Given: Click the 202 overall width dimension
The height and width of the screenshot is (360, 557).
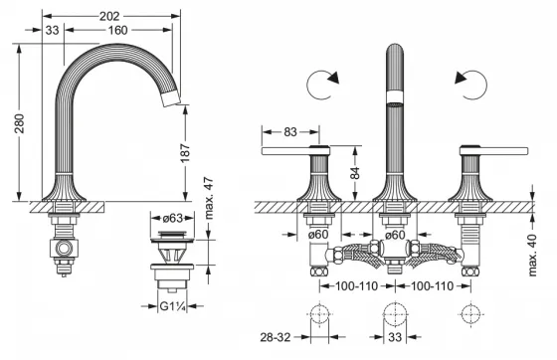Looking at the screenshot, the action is (x=109, y=16).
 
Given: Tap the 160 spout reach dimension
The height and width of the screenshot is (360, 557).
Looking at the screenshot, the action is (x=117, y=30).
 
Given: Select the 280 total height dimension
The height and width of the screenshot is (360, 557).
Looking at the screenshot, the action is (x=20, y=123).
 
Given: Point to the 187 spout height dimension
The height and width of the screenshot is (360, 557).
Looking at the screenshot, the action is (x=185, y=153).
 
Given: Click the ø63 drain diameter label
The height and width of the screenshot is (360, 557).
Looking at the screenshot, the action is (x=173, y=219).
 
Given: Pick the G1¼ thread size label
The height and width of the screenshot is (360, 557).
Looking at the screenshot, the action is (x=173, y=306).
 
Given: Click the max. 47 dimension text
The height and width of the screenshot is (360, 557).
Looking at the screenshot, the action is (x=209, y=198).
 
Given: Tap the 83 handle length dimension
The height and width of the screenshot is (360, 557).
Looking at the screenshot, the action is (x=290, y=131).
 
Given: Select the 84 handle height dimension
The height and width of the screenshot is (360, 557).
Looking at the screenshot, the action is (x=354, y=173).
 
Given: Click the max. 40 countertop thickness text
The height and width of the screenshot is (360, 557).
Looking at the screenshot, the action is (x=532, y=255).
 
